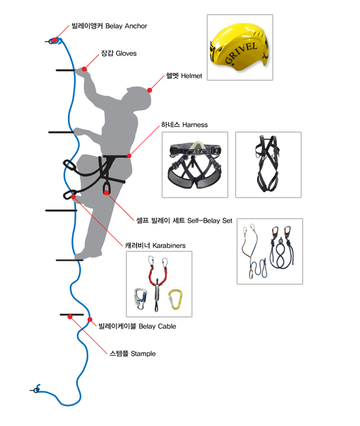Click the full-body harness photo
point(267,164)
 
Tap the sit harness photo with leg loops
point(195,165)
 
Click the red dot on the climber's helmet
point(150,90)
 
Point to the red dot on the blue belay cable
point(90,320)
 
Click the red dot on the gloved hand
point(84,69)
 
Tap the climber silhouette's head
point(138,98)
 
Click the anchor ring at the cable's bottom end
point(37,388)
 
